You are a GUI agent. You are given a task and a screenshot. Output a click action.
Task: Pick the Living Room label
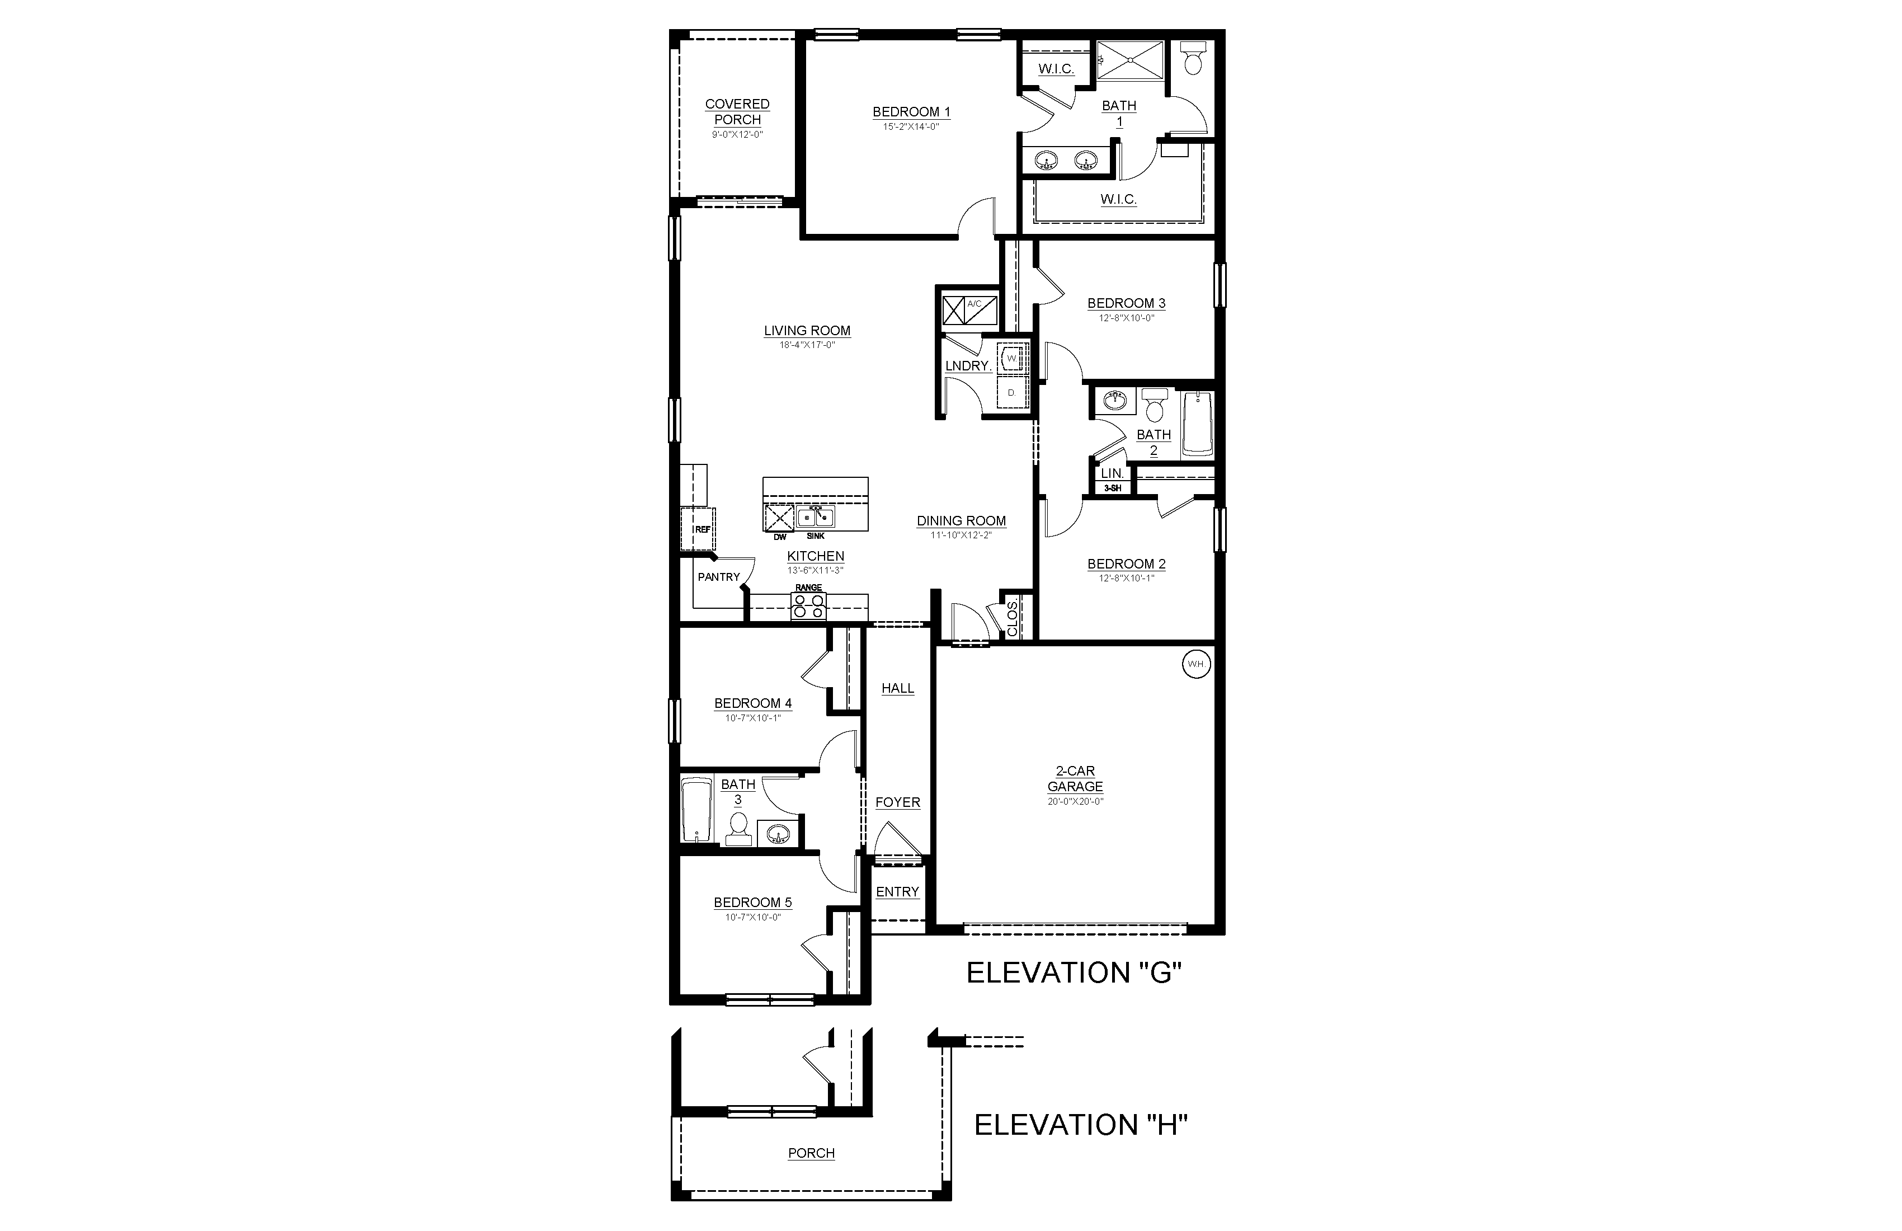tap(807, 331)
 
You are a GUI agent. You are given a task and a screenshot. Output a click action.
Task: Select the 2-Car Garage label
tap(1075, 778)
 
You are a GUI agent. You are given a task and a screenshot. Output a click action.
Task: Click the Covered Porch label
tap(737, 112)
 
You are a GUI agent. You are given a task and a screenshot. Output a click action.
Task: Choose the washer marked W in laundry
tap(1013, 358)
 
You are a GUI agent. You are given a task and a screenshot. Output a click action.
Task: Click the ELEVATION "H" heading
tap(1080, 1125)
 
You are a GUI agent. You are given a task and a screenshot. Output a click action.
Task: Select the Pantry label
tap(718, 577)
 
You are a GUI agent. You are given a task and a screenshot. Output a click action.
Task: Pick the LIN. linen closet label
tap(1112, 473)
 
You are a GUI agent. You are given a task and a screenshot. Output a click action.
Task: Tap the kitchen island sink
tap(815, 517)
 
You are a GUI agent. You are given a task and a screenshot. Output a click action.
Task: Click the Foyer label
tap(897, 802)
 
